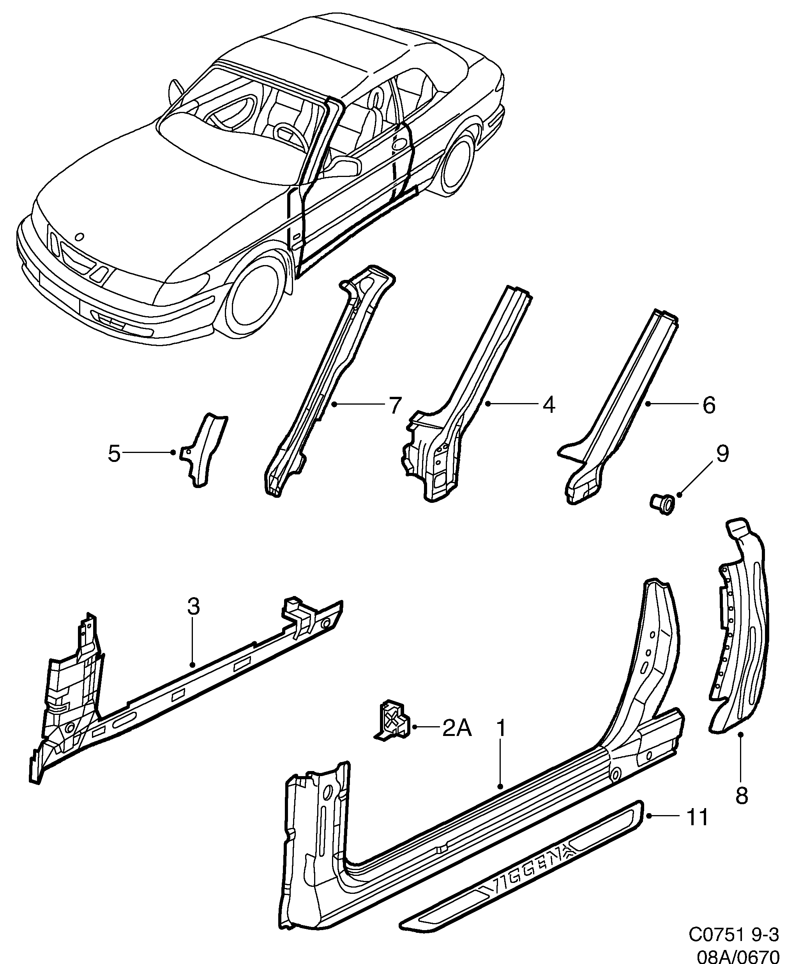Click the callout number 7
tap(395, 405)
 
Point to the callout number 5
tap(114, 453)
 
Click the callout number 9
tap(722, 454)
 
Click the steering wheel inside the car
tap(290, 134)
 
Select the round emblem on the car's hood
tap(79, 236)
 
